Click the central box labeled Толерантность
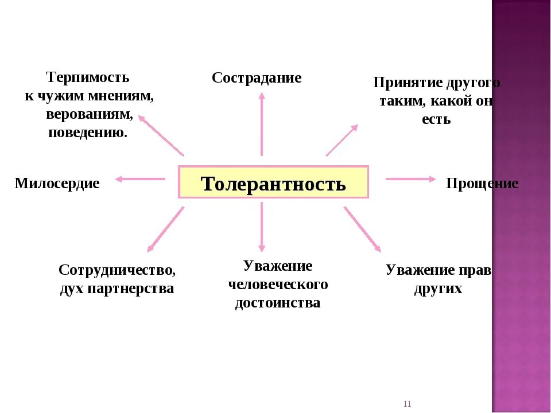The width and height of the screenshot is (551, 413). click(273, 183)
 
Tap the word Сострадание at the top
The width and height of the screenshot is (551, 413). click(257, 78)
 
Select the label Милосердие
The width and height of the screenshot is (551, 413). click(57, 184)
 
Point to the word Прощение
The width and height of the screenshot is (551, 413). click(482, 184)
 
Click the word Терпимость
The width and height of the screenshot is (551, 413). click(88, 77)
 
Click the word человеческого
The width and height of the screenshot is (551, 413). click(278, 285)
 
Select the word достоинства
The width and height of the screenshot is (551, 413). click(278, 303)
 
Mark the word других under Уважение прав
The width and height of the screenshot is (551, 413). click(438, 289)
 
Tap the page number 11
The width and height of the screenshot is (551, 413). click(408, 404)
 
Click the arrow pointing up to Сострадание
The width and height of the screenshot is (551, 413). click(262, 123)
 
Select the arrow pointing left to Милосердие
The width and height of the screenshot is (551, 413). click(140, 179)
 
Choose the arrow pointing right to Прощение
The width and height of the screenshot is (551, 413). click(410, 179)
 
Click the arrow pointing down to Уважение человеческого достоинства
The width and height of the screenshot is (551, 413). click(262, 227)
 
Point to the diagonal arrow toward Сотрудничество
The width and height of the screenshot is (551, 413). click(166, 229)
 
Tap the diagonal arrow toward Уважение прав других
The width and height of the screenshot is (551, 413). click(362, 229)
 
